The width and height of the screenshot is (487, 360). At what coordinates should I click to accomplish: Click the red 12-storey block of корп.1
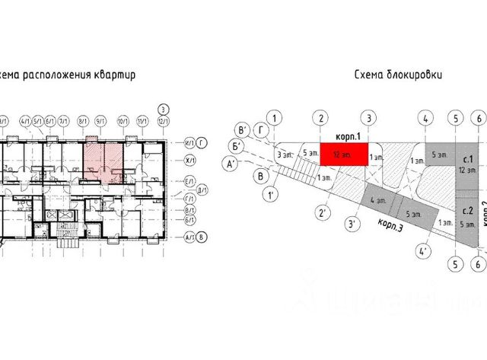tap(344, 153)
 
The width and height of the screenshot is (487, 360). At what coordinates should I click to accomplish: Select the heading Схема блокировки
tap(399, 75)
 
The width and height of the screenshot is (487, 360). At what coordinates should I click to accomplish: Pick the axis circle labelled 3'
tap(352, 225)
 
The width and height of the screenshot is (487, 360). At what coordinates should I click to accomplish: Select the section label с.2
tap(468, 210)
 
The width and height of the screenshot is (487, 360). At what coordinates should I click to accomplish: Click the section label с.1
tap(468, 159)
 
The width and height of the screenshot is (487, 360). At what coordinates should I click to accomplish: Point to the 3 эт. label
tap(285, 155)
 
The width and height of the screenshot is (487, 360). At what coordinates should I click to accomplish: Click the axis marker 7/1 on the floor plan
tap(65, 120)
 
